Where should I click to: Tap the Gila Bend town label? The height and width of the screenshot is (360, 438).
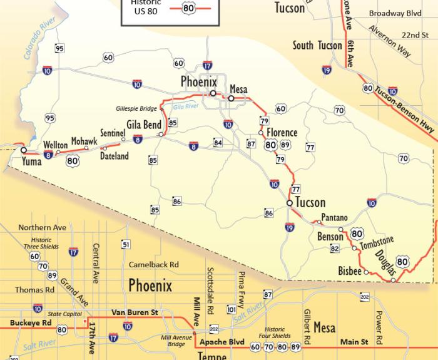[144, 125]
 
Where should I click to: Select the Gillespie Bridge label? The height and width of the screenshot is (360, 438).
[137, 108]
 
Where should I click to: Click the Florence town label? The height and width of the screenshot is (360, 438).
[282, 133]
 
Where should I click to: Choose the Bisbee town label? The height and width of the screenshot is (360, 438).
[349, 272]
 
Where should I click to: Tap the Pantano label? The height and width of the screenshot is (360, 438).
[334, 218]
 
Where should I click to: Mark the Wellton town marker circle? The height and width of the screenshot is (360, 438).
[58, 152]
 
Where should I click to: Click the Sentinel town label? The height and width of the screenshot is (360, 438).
[113, 133]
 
